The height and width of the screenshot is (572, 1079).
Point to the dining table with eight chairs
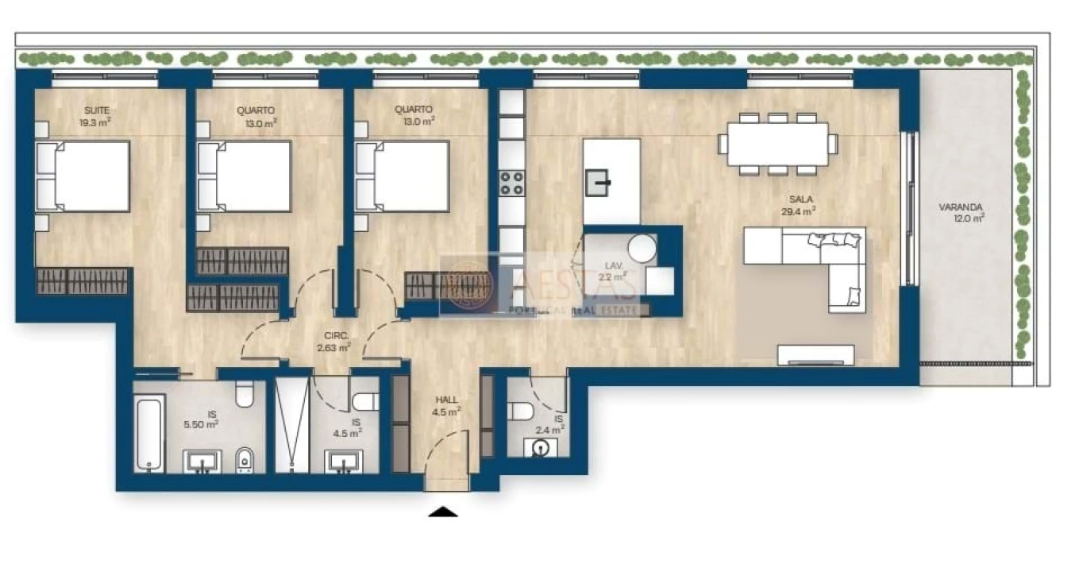click(x=777, y=143)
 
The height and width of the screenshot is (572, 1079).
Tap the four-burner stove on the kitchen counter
click(x=512, y=183)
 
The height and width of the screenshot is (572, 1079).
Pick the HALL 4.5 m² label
click(x=448, y=406)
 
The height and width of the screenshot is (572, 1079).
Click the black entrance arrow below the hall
click(x=443, y=512)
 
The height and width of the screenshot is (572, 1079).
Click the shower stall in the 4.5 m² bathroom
click(x=291, y=425)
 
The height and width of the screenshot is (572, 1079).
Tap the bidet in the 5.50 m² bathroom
click(x=245, y=458)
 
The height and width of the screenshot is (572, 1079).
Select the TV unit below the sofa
click(x=816, y=354)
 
